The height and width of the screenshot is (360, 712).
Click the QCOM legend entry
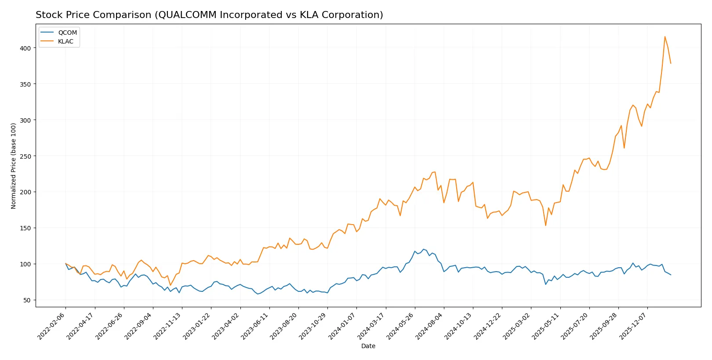[x=67, y=33]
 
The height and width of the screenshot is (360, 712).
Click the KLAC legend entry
[x=65, y=41]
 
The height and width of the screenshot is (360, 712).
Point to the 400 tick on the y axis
[x=25, y=48]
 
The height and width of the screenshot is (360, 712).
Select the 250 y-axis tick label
[x=25, y=156]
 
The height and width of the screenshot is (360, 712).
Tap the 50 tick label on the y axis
[x=27, y=300]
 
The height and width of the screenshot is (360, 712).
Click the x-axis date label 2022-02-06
[x=52, y=326]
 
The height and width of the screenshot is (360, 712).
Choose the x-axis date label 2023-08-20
[x=284, y=326]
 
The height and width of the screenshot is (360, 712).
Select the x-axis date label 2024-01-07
[x=342, y=326]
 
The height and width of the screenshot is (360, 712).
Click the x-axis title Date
[x=368, y=346]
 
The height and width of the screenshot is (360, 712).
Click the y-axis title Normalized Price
[x=14, y=166]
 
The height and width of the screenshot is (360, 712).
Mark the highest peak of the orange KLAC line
[x=665, y=36]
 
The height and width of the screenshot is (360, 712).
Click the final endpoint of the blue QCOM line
[x=671, y=275]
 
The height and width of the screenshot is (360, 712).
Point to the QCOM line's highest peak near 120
[x=423, y=249]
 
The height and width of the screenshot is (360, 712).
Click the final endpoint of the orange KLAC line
[x=671, y=63]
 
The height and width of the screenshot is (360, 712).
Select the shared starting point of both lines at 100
[x=65, y=264]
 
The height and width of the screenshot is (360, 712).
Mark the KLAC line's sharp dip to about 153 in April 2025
[x=545, y=225]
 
